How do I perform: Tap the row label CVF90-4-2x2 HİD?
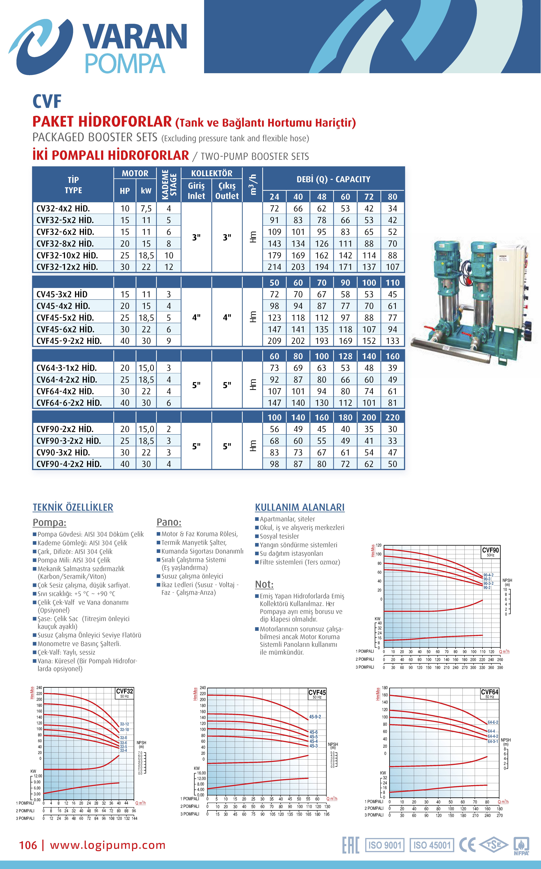[69, 464]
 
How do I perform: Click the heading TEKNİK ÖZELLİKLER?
[73, 507]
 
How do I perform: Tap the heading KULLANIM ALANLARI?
[300, 507]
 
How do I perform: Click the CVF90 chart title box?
[490, 552]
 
